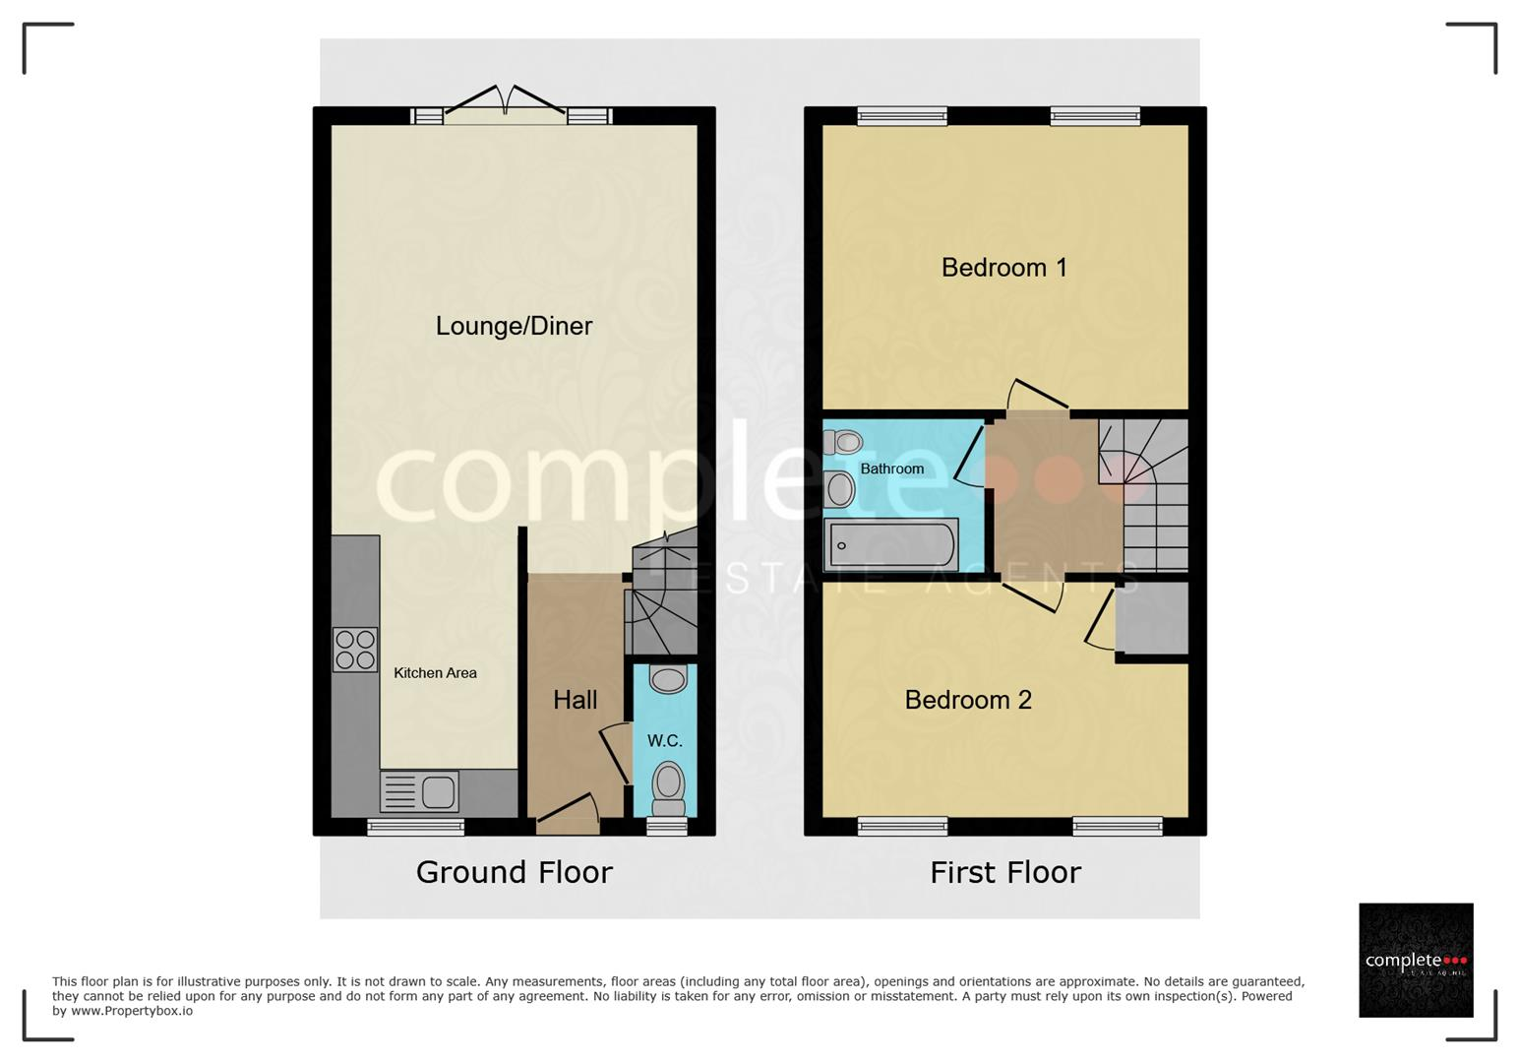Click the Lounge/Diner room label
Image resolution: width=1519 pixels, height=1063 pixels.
coord(514,327)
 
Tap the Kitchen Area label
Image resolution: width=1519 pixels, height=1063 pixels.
coord(436,673)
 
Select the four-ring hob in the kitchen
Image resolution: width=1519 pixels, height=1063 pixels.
coord(355,650)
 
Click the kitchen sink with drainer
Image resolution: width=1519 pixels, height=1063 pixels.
coord(419,791)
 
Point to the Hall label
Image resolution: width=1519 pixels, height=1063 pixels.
coord(576,700)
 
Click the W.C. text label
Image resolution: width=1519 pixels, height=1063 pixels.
coord(665,741)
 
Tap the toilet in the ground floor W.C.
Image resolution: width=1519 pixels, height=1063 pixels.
coord(669,789)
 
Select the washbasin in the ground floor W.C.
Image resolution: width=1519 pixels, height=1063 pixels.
coord(668,678)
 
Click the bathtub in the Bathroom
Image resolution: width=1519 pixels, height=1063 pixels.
coord(891,544)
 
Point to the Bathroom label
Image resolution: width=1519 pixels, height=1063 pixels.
coord(891,469)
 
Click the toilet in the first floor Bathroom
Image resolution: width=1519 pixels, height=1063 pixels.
coord(842,442)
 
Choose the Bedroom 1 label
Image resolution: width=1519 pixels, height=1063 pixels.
coord(1004,268)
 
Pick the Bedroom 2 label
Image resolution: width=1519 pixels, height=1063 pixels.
coord(968,700)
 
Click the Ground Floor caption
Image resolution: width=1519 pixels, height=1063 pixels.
coord(514,872)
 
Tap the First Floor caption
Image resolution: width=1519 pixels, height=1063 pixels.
coord(1005,872)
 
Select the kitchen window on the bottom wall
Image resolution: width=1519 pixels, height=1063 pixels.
coord(416,826)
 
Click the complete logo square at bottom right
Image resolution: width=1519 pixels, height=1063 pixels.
coord(1416,960)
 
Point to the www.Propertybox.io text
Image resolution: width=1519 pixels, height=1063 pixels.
coord(132,1011)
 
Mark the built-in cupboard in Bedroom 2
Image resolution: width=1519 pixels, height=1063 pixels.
coord(1152,619)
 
